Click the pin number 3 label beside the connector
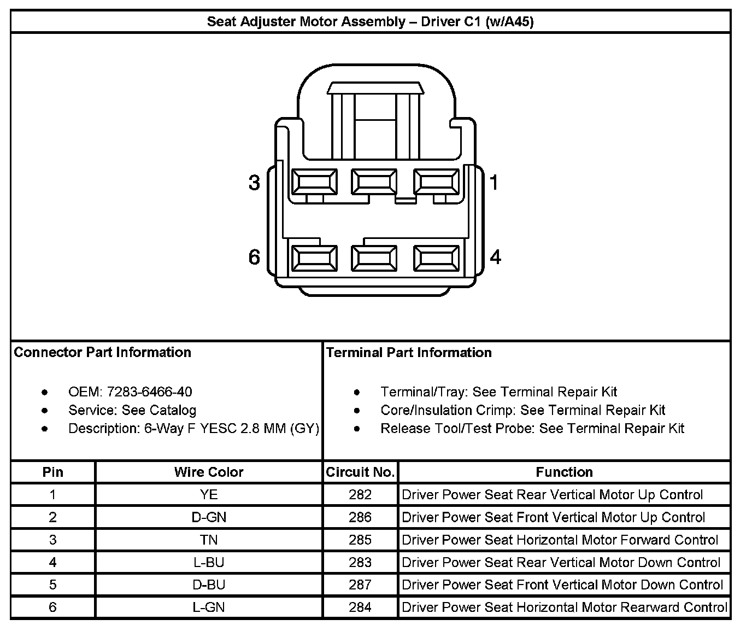click(x=254, y=182)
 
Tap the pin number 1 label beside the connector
click(x=494, y=182)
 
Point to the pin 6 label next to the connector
click(x=254, y=256)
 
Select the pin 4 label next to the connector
click(x=495, y=256)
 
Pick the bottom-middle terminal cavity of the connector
click(x=374, y=258)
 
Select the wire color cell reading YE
click(x=209, y=495)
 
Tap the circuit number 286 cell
click(x=360, y=517)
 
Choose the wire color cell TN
click(x=209, y=540)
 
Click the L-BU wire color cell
click(x=209, y=563)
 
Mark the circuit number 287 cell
click(x=360, y=585)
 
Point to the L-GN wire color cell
click(x=209, y=607)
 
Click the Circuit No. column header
click(x=360, y=472)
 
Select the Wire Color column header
click(x=209, y=472)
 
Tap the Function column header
click(x=564, y=472)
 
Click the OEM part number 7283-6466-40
click(x=149, y=392)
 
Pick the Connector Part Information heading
click(x=103, y=352)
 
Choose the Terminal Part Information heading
click(x=409, y=353)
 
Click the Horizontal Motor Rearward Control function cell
click(x=564, y=607)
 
